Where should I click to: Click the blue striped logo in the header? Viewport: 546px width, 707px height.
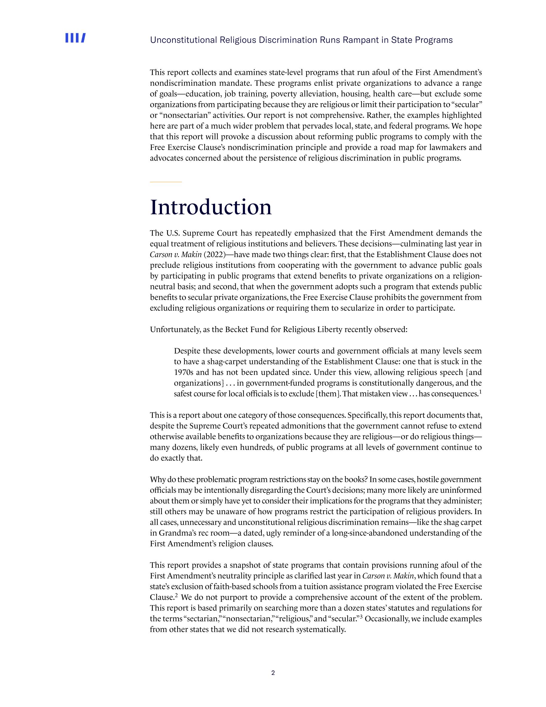(x=75, y=38)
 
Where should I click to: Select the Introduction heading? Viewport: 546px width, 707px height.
(x=211, y=207)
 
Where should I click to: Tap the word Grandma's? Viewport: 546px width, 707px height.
(x=174, y=533)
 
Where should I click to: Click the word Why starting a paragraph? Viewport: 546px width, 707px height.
(x=157, y=480)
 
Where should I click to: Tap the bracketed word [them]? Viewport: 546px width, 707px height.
(x=328, y=394)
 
